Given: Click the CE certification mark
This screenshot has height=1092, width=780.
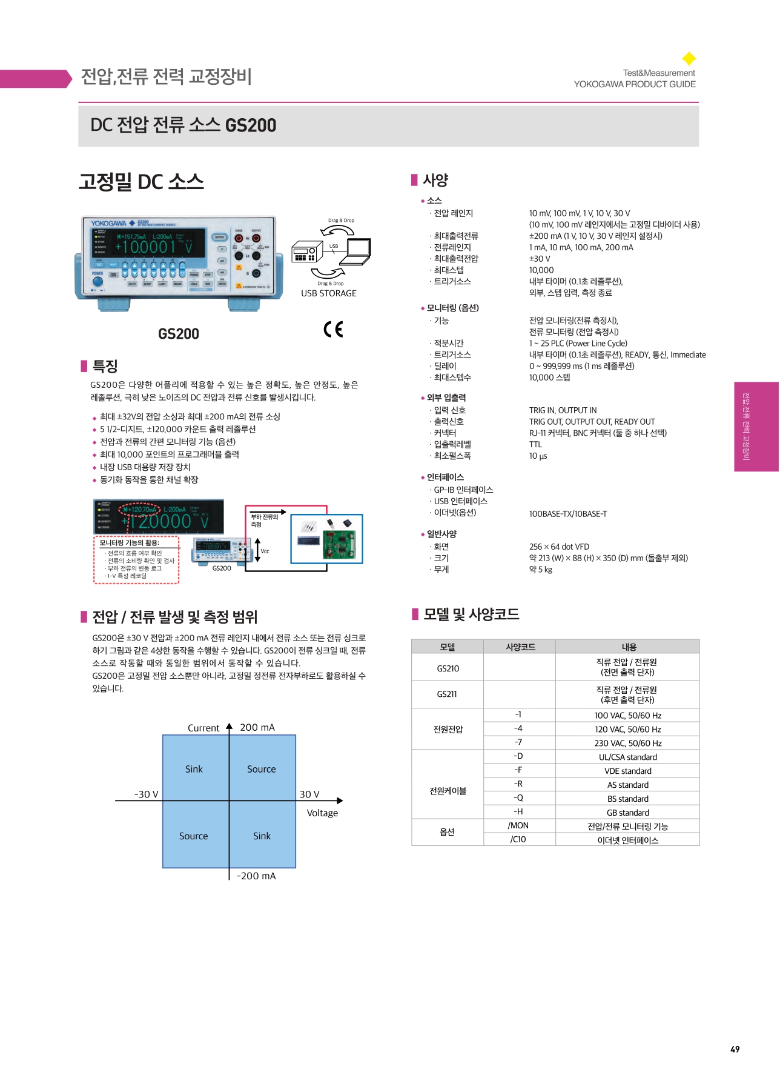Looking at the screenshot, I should tap(333, 329).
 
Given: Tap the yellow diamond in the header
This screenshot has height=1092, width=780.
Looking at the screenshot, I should tap(689, 59).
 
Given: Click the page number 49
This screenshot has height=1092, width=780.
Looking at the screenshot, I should tap(735, 1049).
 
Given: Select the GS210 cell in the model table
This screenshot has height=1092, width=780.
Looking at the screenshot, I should tap(448, 668).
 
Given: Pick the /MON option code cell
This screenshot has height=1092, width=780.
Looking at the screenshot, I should tap(518, 825).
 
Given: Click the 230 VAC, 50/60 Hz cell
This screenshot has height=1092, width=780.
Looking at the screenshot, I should tap(627, 743).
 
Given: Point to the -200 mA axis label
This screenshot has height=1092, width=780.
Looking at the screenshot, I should tap(256, 876).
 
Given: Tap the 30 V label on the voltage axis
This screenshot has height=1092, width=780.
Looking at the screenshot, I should tap(309, 794).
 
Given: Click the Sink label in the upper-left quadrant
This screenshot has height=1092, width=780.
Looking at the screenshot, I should tap(194, 769).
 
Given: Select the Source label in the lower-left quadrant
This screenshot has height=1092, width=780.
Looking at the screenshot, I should tap(193, 836).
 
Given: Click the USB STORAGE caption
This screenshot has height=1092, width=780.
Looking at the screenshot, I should tap(329, 293).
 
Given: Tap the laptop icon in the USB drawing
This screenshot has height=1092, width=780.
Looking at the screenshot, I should tap(357, 252).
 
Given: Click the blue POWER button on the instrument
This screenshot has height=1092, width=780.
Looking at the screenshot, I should tap(97, 282).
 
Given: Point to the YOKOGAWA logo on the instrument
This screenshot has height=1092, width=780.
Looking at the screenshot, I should tap(109, 224).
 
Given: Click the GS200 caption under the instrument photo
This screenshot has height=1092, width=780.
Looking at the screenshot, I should tap(178, 334).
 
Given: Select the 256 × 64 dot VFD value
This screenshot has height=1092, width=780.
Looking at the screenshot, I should tap(559, 547).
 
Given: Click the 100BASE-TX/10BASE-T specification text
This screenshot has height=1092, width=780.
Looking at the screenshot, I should tap(567, 514).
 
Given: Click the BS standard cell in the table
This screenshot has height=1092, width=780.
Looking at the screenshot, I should tap(627, 799).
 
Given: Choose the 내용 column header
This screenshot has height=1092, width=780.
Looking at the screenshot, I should tap(629, 647).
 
